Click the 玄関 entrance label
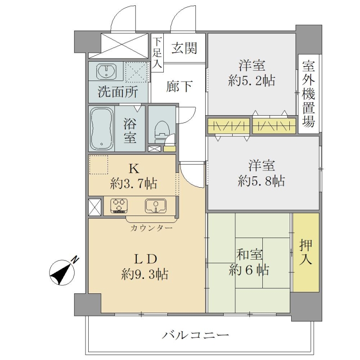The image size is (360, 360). coord(184,48)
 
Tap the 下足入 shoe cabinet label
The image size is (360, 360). coord(157,53)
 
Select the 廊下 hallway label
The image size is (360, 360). coord(179,86)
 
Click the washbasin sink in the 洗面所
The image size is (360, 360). coord(107,70)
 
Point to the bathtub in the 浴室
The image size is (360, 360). coord(102,129)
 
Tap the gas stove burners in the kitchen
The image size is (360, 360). coord(119,206)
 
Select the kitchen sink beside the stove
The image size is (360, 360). coord(156,206)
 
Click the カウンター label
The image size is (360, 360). coord(151,228)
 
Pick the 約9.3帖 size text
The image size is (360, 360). coord(145,274)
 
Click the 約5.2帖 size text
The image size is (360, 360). coord(252,81)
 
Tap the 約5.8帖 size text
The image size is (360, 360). coord(261,181)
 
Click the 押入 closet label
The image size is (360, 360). coord(306,252)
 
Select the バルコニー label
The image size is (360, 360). coord(196,335)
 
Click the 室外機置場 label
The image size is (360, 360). coord(308,94)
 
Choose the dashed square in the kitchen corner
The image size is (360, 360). coord(99,165)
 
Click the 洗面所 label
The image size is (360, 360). coord(118,92)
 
